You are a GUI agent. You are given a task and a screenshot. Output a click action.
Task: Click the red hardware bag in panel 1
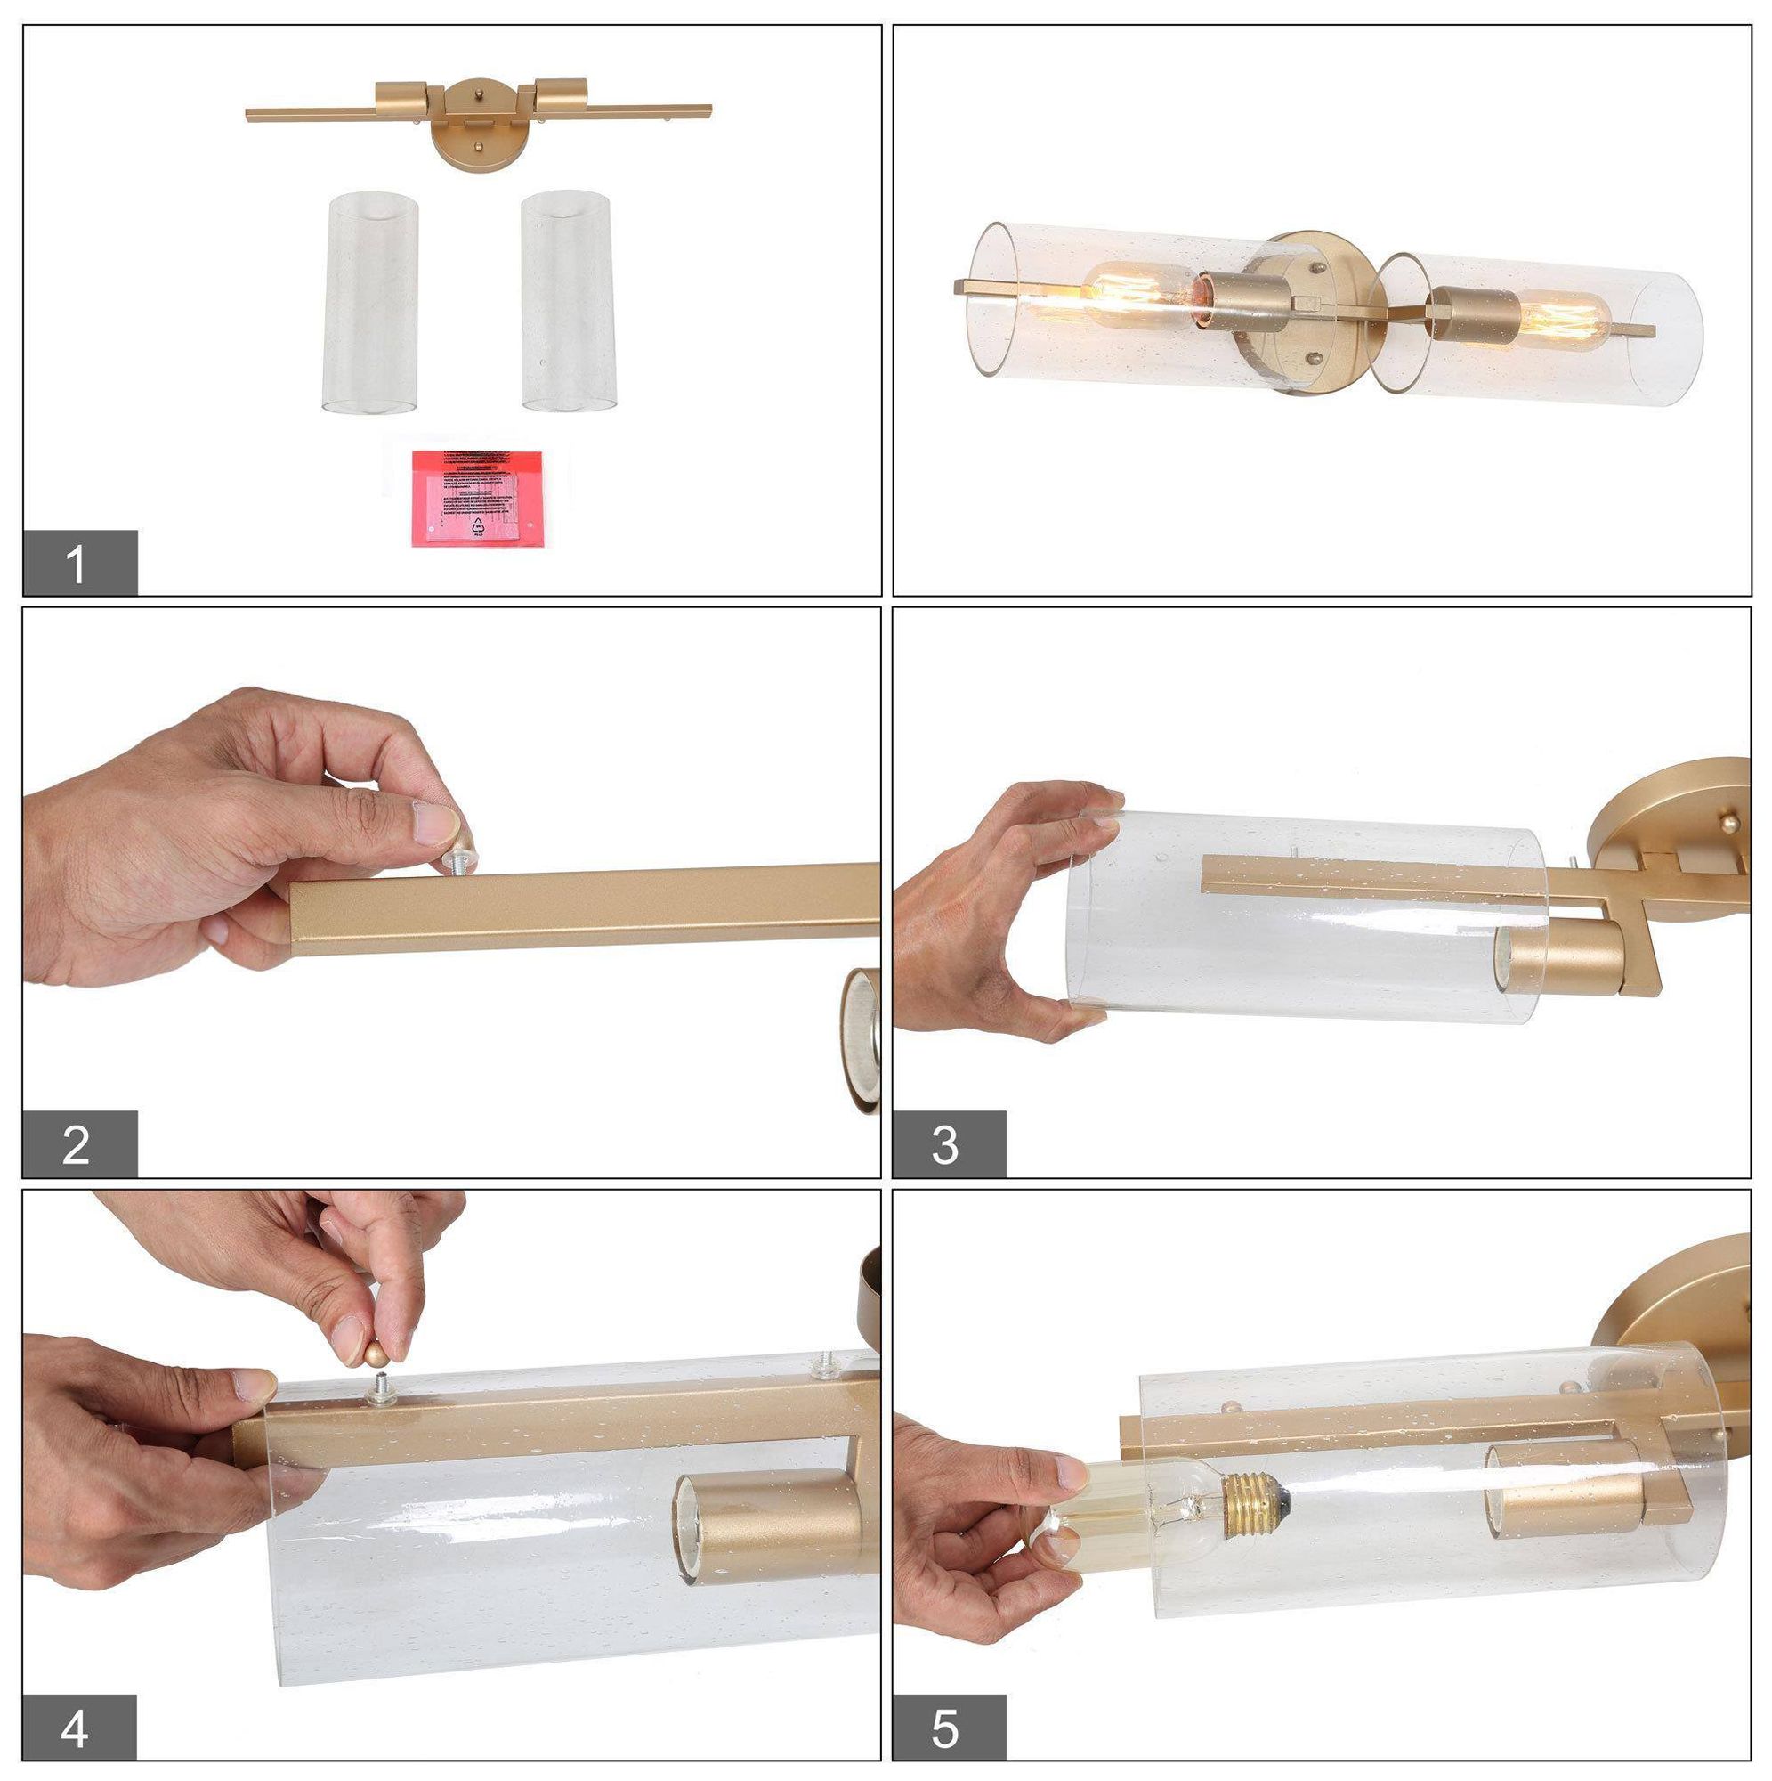click(477, 497)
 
